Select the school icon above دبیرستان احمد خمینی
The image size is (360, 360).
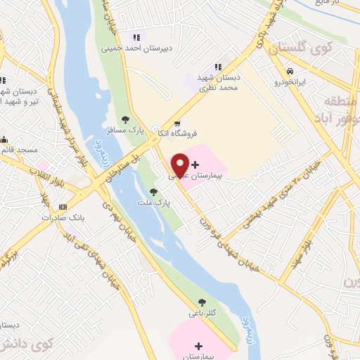click(136, 37)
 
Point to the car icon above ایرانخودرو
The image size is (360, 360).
click(290, 71)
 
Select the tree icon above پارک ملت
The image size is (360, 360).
click(153, 191)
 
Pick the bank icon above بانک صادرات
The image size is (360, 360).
click(63, 207)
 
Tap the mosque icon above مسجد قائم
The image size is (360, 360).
click(4, 139)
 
